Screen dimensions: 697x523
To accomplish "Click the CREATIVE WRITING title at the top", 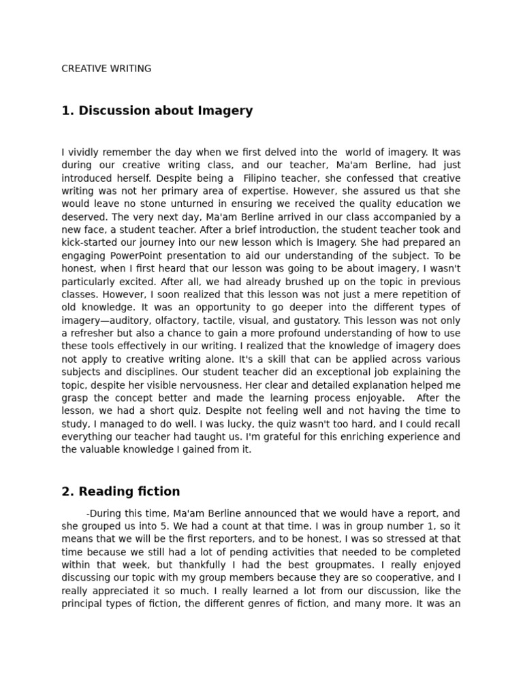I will tap(106, 69).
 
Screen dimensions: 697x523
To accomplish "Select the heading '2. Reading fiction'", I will tap(121, 491).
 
